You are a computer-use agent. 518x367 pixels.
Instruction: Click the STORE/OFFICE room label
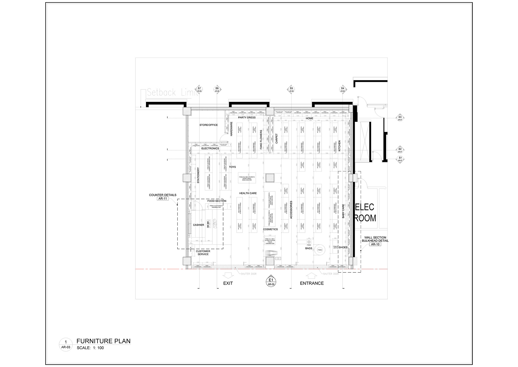click(x=209, y=125)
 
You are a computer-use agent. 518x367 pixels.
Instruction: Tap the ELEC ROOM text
click(x=365, y=213)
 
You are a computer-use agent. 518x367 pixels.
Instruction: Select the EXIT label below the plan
click(x=228, y=283)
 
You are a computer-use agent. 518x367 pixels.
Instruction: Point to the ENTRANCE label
click(x=312, y=283)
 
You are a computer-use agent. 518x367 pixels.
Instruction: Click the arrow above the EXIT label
click(x=228, y=275)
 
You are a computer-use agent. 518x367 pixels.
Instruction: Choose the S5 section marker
click(x=291, y=89)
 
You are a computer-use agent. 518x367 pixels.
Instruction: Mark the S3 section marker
click(x=400, y=118)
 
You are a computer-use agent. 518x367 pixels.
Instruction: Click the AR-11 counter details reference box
click(x=163, y=199)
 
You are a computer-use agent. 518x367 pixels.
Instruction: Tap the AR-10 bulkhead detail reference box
click(x=375, y=244)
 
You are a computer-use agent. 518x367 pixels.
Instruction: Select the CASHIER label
click(x=199, y=225)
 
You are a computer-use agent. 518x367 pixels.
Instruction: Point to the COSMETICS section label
click(x=270, y=229)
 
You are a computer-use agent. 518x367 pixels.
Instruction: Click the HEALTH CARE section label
click(x=248, y=193)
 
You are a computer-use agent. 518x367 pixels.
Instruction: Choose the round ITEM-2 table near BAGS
click(x=320, y=250)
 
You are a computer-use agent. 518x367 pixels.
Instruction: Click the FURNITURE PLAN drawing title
click(x=104, y=341)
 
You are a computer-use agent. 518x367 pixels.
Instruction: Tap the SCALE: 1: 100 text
click(x=90, y=348)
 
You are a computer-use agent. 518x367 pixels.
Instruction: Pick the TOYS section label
click(x=233, y=167)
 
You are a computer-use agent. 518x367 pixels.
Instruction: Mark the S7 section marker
click(x=199, y=89)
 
